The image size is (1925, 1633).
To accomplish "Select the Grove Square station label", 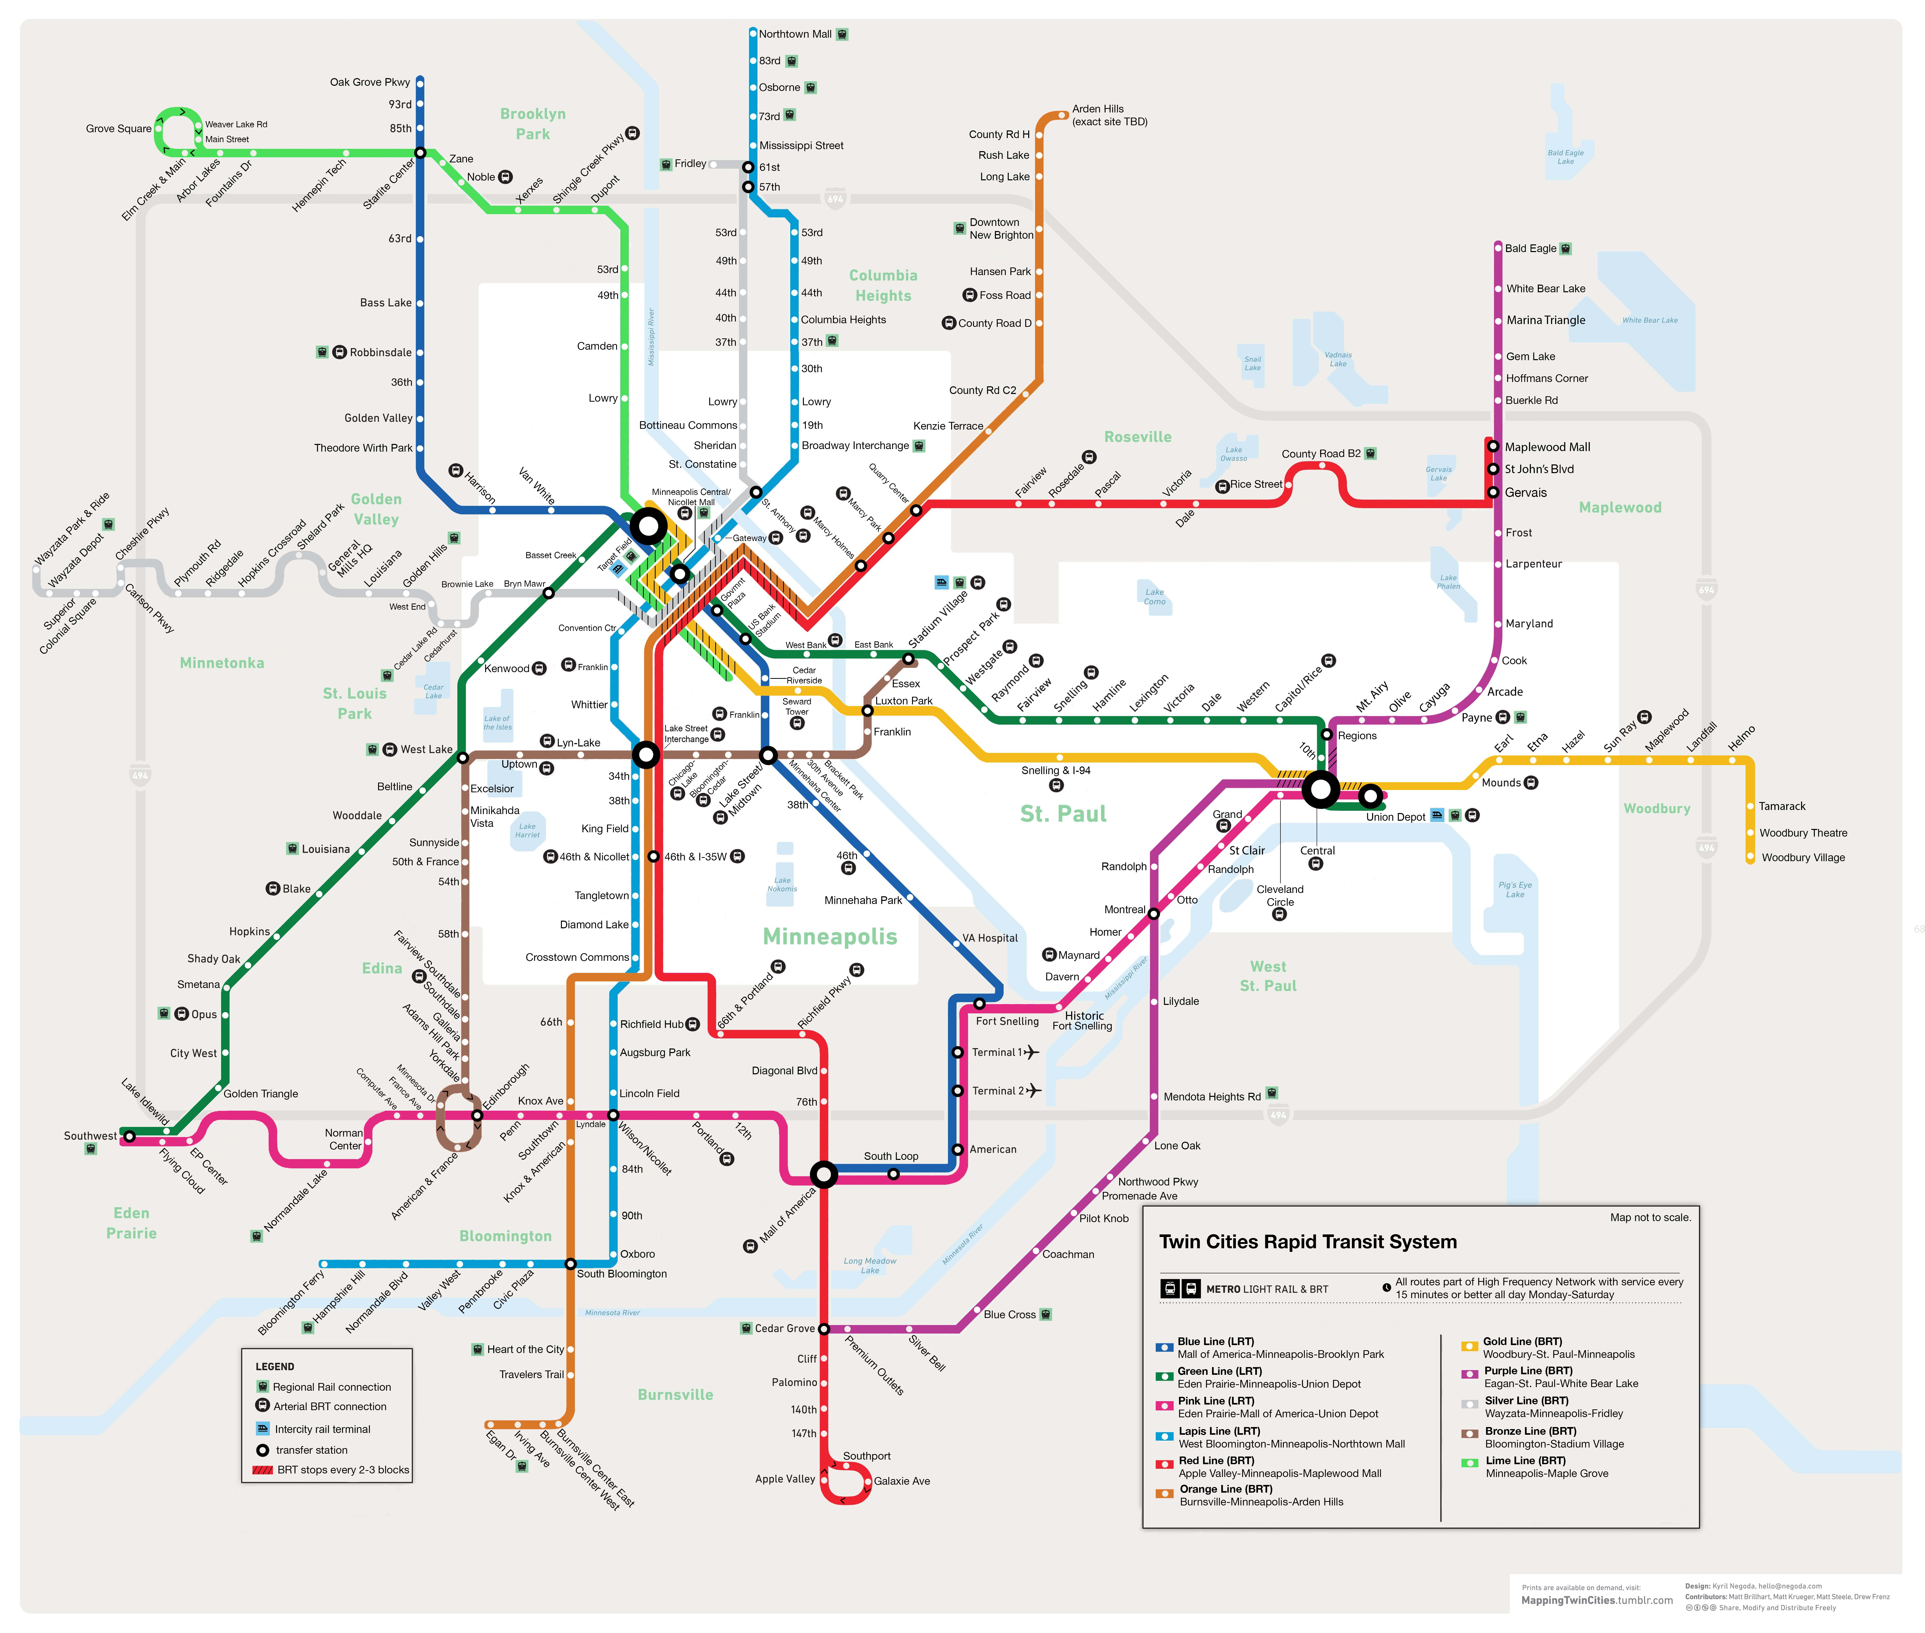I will click(119, 129).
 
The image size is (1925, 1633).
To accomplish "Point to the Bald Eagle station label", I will click(1530, 248).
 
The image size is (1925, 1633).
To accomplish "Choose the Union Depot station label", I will click(1395, 817).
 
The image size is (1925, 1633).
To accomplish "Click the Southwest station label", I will click(90, 1136).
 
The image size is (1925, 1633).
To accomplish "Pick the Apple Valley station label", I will click(785, 1478).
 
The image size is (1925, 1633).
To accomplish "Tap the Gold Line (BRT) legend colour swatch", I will click(1469, 1346).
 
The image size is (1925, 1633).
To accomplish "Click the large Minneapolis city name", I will click(829, 937).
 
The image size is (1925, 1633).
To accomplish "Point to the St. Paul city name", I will click(1063, 814).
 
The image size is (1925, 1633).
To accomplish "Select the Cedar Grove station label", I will click(784, 1328).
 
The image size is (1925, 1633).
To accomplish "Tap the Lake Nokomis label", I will click(782, 884).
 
